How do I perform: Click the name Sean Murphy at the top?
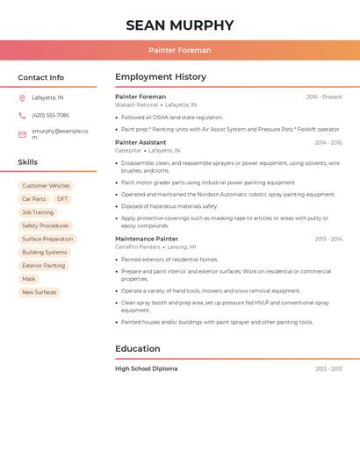coord(179,25)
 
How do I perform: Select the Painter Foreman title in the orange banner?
coord(179,50)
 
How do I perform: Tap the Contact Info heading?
coord(40,77)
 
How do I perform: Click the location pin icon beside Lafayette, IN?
coord(22,97)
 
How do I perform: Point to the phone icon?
coord(22,115)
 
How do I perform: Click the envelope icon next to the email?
coord(22,134)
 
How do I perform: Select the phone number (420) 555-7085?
coord(50,115)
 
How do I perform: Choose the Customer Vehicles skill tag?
coord(46,186)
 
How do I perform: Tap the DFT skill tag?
coord(62,199)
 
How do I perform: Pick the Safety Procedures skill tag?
coord(45,225)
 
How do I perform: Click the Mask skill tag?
coord(29,279)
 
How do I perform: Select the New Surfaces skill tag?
coord(39,292)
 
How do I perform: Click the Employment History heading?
coord(161,77)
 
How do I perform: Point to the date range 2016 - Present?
coord(324,97)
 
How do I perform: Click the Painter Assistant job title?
coord(140,142)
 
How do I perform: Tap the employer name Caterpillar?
coord(128,150)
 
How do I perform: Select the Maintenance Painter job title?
coord(147,239)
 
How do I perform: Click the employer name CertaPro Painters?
coord(138,247)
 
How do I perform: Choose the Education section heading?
coord(138,348)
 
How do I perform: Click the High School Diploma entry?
coord(147,368)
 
